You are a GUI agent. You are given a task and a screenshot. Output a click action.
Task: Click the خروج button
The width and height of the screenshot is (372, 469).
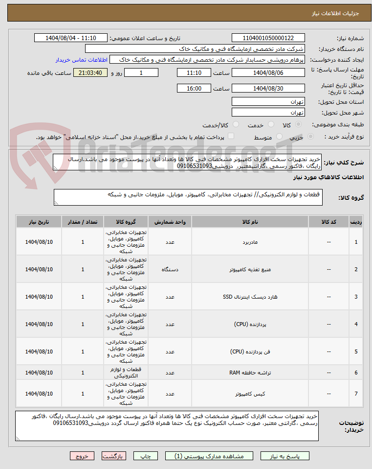(x=82, y=456)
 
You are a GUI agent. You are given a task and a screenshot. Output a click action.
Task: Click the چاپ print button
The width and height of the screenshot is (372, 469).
(x=146, y=456)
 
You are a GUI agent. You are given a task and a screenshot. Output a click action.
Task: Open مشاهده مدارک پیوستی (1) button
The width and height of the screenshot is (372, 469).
(x=210, y=456)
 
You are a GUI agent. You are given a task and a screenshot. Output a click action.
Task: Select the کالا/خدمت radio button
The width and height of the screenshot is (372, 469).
(x=236, y=125)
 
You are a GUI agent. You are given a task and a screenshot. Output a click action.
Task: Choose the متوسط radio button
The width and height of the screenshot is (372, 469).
(x=280, y=137)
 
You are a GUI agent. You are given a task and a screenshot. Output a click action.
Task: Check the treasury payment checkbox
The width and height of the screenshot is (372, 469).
(x=231, y=137)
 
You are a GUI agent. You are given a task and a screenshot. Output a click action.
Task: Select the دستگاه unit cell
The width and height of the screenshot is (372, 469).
(x=170, y=269)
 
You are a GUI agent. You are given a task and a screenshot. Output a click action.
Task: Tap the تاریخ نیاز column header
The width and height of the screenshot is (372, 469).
(x=39, y=222)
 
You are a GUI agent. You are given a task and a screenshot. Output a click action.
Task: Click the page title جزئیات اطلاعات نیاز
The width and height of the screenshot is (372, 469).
(x=336, y=13)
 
